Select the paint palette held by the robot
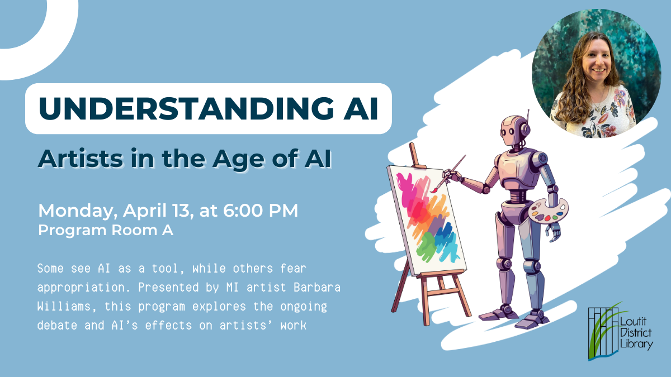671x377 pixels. click(546, 212)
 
